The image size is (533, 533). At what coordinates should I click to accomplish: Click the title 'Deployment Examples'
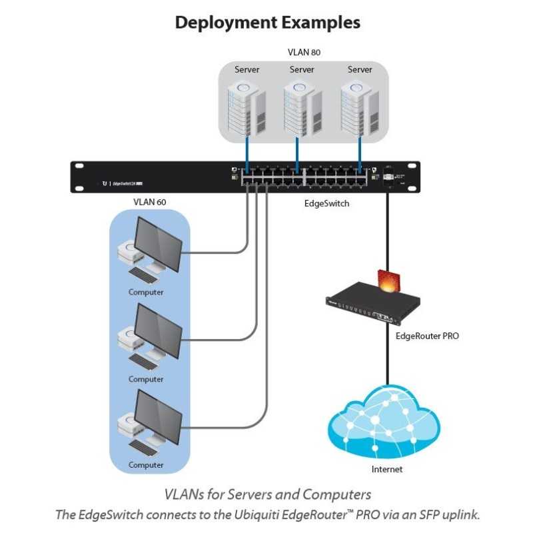tap(267, 22)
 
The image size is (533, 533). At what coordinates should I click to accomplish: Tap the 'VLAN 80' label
tap(302, 52)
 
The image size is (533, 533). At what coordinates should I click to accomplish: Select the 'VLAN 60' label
tap(150, 202)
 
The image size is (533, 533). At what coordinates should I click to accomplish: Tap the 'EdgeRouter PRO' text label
tap(427, 336)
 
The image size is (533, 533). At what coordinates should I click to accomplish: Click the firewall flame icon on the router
tap(386, 280)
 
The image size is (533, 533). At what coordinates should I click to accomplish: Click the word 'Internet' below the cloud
tap(387, 469)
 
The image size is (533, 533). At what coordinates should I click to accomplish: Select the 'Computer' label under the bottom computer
tap(146, 464)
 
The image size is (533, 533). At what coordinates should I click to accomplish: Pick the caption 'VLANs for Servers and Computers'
tap(267, 494)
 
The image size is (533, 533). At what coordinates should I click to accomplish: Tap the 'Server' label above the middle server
tap(302, 69)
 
